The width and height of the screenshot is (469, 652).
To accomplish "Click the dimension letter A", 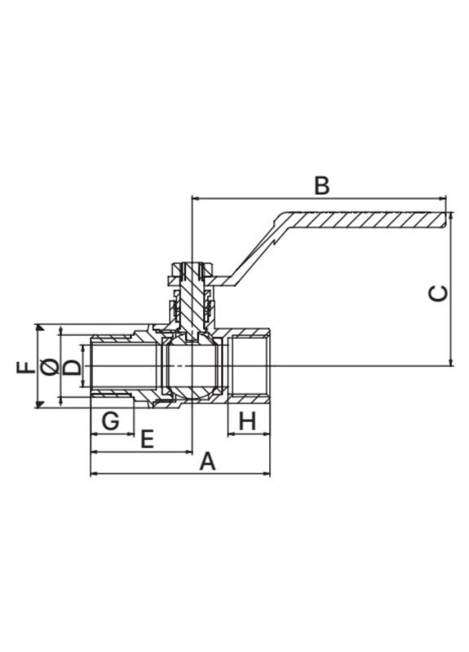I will (208, 461).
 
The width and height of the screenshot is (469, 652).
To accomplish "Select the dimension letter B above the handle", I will (321, 185).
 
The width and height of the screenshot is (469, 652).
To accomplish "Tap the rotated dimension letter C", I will (439, 293).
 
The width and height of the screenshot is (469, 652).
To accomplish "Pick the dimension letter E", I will (148, 439).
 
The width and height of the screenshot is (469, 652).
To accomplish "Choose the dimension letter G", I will (111, 421).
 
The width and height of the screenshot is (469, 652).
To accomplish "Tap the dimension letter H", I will (249, 421).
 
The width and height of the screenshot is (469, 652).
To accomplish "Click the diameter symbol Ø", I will (50, 367).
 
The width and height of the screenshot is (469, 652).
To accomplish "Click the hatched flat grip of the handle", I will (367, 220).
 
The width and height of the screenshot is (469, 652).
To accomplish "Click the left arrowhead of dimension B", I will (195, 197).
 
